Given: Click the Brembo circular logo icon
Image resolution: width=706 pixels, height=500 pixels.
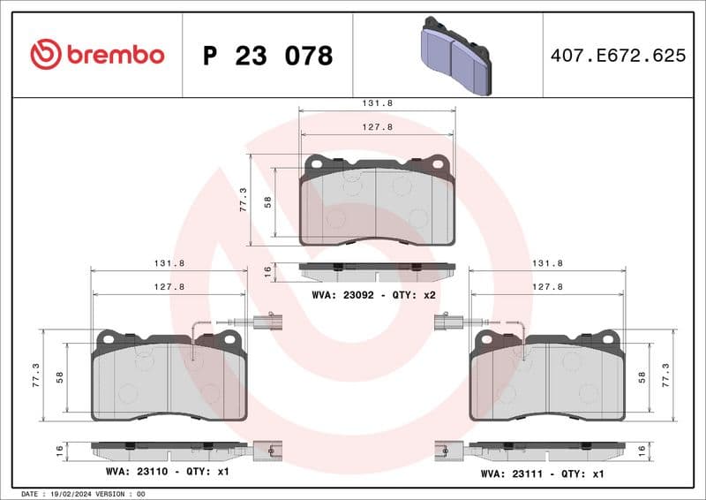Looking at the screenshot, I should click(x=45, y=55).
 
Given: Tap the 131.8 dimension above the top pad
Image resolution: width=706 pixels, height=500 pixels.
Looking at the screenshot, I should click(x=378, y=103).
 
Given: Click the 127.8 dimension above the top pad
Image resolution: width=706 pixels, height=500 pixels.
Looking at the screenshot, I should click(x=378, y=126).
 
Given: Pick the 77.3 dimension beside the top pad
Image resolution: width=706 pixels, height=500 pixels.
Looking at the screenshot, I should click(x=243, y=199).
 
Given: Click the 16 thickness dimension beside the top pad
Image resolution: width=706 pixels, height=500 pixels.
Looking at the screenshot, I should click(x=268, y=272).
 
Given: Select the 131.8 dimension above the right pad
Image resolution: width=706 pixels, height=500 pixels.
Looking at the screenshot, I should click(x=547, y=263).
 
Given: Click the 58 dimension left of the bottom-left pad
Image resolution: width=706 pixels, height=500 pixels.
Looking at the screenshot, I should click(x=60, y=376).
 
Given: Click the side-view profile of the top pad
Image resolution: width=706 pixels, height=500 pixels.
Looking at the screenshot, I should click(x=377, y=268).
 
